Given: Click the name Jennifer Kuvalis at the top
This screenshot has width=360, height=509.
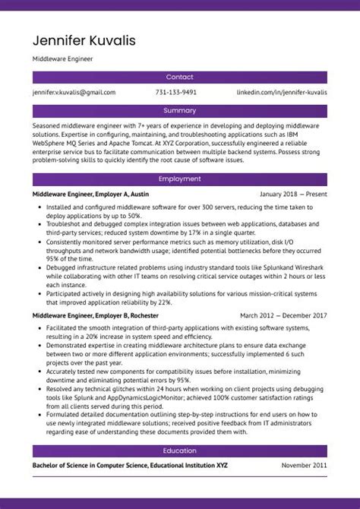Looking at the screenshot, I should tap(84, 40).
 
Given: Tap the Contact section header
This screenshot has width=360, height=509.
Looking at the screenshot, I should tap(179, 77).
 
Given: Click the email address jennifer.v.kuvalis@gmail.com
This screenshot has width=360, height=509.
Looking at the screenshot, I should tap(74, 92).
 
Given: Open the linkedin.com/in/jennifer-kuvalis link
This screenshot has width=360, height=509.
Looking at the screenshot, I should tap(282, 92).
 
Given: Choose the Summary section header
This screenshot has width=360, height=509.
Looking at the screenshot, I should tap(179, 110).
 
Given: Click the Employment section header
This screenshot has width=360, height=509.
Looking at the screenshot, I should tap(179, 179).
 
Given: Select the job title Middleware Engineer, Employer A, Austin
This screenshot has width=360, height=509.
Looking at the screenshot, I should tap(90, 194).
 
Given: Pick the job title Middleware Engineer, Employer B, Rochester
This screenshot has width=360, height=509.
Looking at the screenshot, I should tap(97, 294).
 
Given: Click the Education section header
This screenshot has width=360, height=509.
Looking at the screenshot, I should tap(179, 451).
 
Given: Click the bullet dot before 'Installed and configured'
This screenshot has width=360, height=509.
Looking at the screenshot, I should tap(39, 207).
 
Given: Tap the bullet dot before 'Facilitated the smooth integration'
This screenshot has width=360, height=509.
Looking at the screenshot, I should tap(39, 306).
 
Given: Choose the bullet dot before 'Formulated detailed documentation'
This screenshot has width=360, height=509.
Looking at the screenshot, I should tap(39, 416).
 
